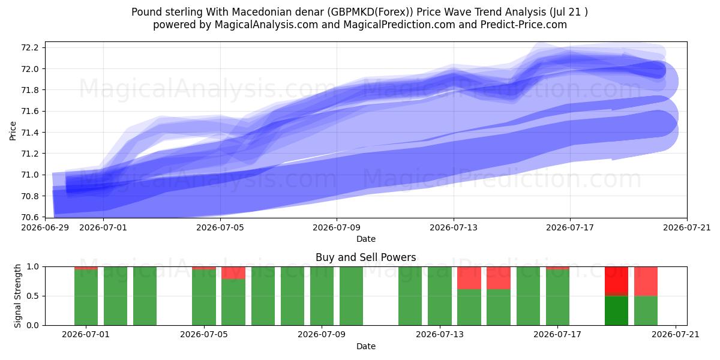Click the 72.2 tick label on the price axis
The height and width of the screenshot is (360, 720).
(29, 47)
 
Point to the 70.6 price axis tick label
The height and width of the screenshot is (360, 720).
(29, 217)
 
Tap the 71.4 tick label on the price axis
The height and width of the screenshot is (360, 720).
(29, 133)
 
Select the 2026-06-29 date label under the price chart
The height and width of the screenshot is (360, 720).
(45, 227)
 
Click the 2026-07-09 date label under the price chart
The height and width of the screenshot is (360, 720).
(337, 227)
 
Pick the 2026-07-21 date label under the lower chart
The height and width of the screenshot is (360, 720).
(676, 334)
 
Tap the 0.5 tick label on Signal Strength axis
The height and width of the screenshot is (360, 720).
(33, 296)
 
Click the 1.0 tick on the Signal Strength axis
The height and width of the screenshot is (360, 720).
(33, 266)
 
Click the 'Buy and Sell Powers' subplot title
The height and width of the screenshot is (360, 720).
(366, 257)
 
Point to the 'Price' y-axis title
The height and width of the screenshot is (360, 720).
(13, 131)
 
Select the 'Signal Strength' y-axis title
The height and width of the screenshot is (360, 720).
(17, 296)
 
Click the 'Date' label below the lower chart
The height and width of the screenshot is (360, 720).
(366, 346)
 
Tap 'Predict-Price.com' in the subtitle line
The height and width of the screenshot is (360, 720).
(524, 25)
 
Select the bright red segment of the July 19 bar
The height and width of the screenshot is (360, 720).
(616, 280)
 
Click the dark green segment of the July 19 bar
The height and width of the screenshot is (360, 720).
(616, 311)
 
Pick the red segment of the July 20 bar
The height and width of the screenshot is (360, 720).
(646, 281)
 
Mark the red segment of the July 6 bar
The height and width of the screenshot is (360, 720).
(233, 273)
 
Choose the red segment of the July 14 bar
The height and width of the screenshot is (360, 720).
(469, 278)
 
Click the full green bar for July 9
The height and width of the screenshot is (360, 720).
(322, 296)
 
